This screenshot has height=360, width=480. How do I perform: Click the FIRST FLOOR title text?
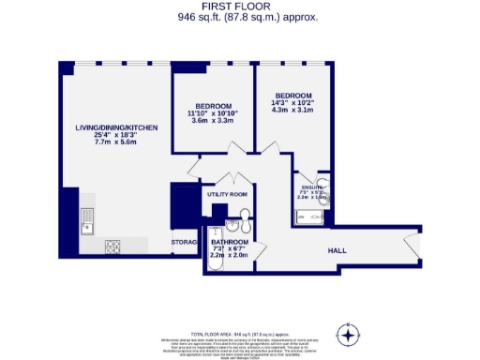(240, 7)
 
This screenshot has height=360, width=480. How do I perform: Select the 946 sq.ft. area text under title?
(240, 17)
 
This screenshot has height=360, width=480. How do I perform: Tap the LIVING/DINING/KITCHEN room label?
(116, 127)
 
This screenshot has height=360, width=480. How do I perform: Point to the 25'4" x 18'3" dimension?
(116, 136)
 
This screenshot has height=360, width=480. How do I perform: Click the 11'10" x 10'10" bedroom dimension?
(213, 112)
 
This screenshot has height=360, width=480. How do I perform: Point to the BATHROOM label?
(229, 240)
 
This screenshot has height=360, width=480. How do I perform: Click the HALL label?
(338, 251)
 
